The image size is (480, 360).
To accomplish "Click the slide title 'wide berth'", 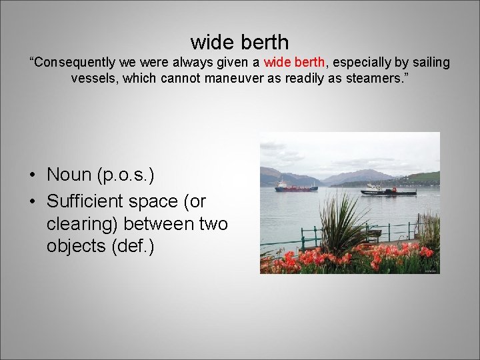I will coord(239,42).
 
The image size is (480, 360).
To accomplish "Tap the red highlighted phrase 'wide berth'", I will coord(295,63).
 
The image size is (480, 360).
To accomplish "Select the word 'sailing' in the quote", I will coord(428,63).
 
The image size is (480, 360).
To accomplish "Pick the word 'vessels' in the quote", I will coord(94,78).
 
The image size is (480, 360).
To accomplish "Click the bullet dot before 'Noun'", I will coord(33,175).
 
